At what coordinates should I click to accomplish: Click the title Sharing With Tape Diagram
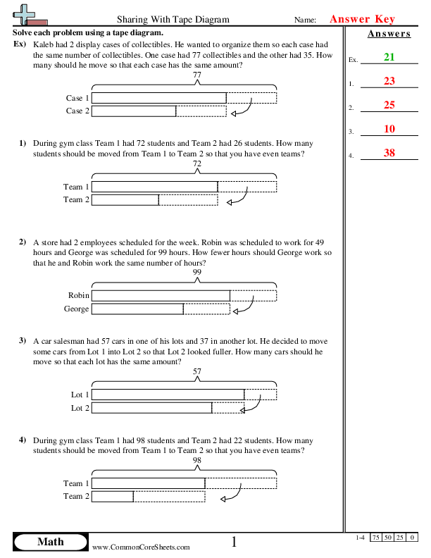[x=172, y=20]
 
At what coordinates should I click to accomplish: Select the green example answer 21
[x=389, y=57]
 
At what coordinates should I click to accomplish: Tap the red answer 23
[x=389, y=81]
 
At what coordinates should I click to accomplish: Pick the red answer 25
[x=389, y=105]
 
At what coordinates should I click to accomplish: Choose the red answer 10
[x=389, y=129]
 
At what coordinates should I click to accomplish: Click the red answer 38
[x=389, y=153]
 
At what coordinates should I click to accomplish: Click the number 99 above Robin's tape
[x=196, y=272]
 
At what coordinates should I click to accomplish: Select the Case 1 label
[x=77, y=99]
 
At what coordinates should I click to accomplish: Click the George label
[x=77, y=309]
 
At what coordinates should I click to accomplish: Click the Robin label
[x=79, y=296]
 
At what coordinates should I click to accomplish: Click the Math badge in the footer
[x=50, y=542]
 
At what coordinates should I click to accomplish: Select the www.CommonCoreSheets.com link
[x=141, y=547]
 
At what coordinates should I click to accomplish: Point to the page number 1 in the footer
[x=235, y=542]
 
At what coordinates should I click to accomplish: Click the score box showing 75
[x=377, y=538]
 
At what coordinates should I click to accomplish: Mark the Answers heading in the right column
[x=389, y=34]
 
